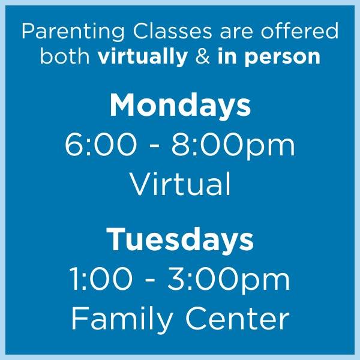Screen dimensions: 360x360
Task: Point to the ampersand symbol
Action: tap(203, 57)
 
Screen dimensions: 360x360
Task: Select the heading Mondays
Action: tap(180, 106)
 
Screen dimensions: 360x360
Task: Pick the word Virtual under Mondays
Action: tap(180, 184)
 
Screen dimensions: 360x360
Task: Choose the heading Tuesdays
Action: tap(180, 241)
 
